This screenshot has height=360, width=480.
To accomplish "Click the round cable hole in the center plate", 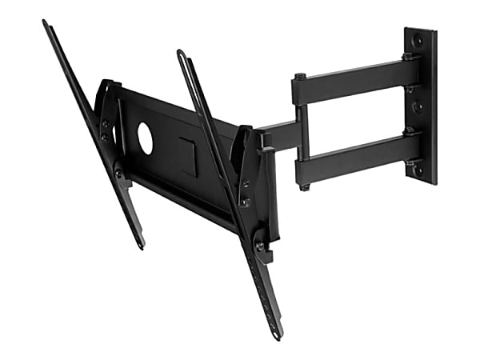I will pos(146,138).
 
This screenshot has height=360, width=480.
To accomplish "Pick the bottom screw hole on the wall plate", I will pos(417,170).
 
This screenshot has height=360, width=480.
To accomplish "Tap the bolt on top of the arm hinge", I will pos(300,77).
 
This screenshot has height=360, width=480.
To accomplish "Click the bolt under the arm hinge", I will pos(304,186).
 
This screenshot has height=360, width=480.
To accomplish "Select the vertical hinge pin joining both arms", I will pos(301,132).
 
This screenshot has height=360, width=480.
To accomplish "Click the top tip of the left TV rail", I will pos(46,23).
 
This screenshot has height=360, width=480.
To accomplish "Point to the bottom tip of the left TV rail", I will pos(142,243).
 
